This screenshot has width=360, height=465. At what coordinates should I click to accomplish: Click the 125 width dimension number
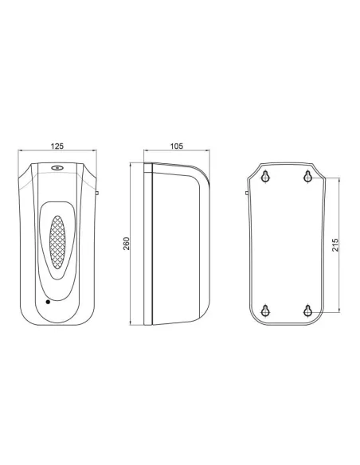click(x=57, y=146)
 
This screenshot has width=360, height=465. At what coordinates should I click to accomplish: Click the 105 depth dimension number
click(x=177, y=146)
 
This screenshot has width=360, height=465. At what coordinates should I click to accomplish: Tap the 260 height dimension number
click(x=127, y=242)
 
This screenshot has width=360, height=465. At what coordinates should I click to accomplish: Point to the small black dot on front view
click(x=47, y=303)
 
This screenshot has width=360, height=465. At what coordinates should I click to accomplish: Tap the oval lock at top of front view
click(x=57, y=168)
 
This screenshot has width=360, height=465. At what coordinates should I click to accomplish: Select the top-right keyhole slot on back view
click(x=309, y=177)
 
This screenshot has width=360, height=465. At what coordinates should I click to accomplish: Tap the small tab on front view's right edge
click(x=96, y=192)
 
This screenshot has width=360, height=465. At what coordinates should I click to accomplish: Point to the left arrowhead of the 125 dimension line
click(x=21, y=153)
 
